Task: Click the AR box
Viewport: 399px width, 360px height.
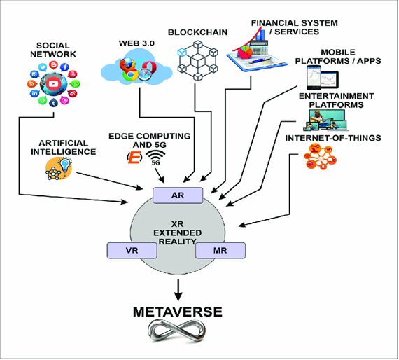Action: (x=178, y=195)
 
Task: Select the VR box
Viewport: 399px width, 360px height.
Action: (x=132, y=250)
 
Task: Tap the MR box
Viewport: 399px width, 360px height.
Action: (x=220, y=250)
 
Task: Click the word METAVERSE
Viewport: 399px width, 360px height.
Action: (x=178, y=312)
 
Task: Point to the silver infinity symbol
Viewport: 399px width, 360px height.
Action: (x=177, y=331)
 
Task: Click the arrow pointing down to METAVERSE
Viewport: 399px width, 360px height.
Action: (x=178, y=290)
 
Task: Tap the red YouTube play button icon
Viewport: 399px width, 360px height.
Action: (x=53, y=83)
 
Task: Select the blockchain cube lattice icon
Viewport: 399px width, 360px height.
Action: (x=197, y=60)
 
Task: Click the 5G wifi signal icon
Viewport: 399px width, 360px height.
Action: (x=155, y=158)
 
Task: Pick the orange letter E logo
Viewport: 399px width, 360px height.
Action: (x=134, y=158)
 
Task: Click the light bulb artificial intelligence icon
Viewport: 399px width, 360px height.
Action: (x=59, y=169)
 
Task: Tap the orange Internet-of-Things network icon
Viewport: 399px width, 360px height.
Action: (x=320, y=157)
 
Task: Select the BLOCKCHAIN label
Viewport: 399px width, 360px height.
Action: (x=197, y=32)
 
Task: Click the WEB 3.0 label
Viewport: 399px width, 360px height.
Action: (x=136, y=43)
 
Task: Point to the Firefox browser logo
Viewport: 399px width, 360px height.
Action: (x=127, y=64)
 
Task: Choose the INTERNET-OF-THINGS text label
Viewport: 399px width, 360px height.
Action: (x=333, y=138)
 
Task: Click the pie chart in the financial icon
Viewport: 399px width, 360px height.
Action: (x=245, y=53)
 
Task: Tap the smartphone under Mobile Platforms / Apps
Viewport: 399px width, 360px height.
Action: (x=314, y=78)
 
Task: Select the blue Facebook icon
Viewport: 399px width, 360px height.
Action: (x=64, y=67)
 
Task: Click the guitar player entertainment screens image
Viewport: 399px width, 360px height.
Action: (x=326, y=120)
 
